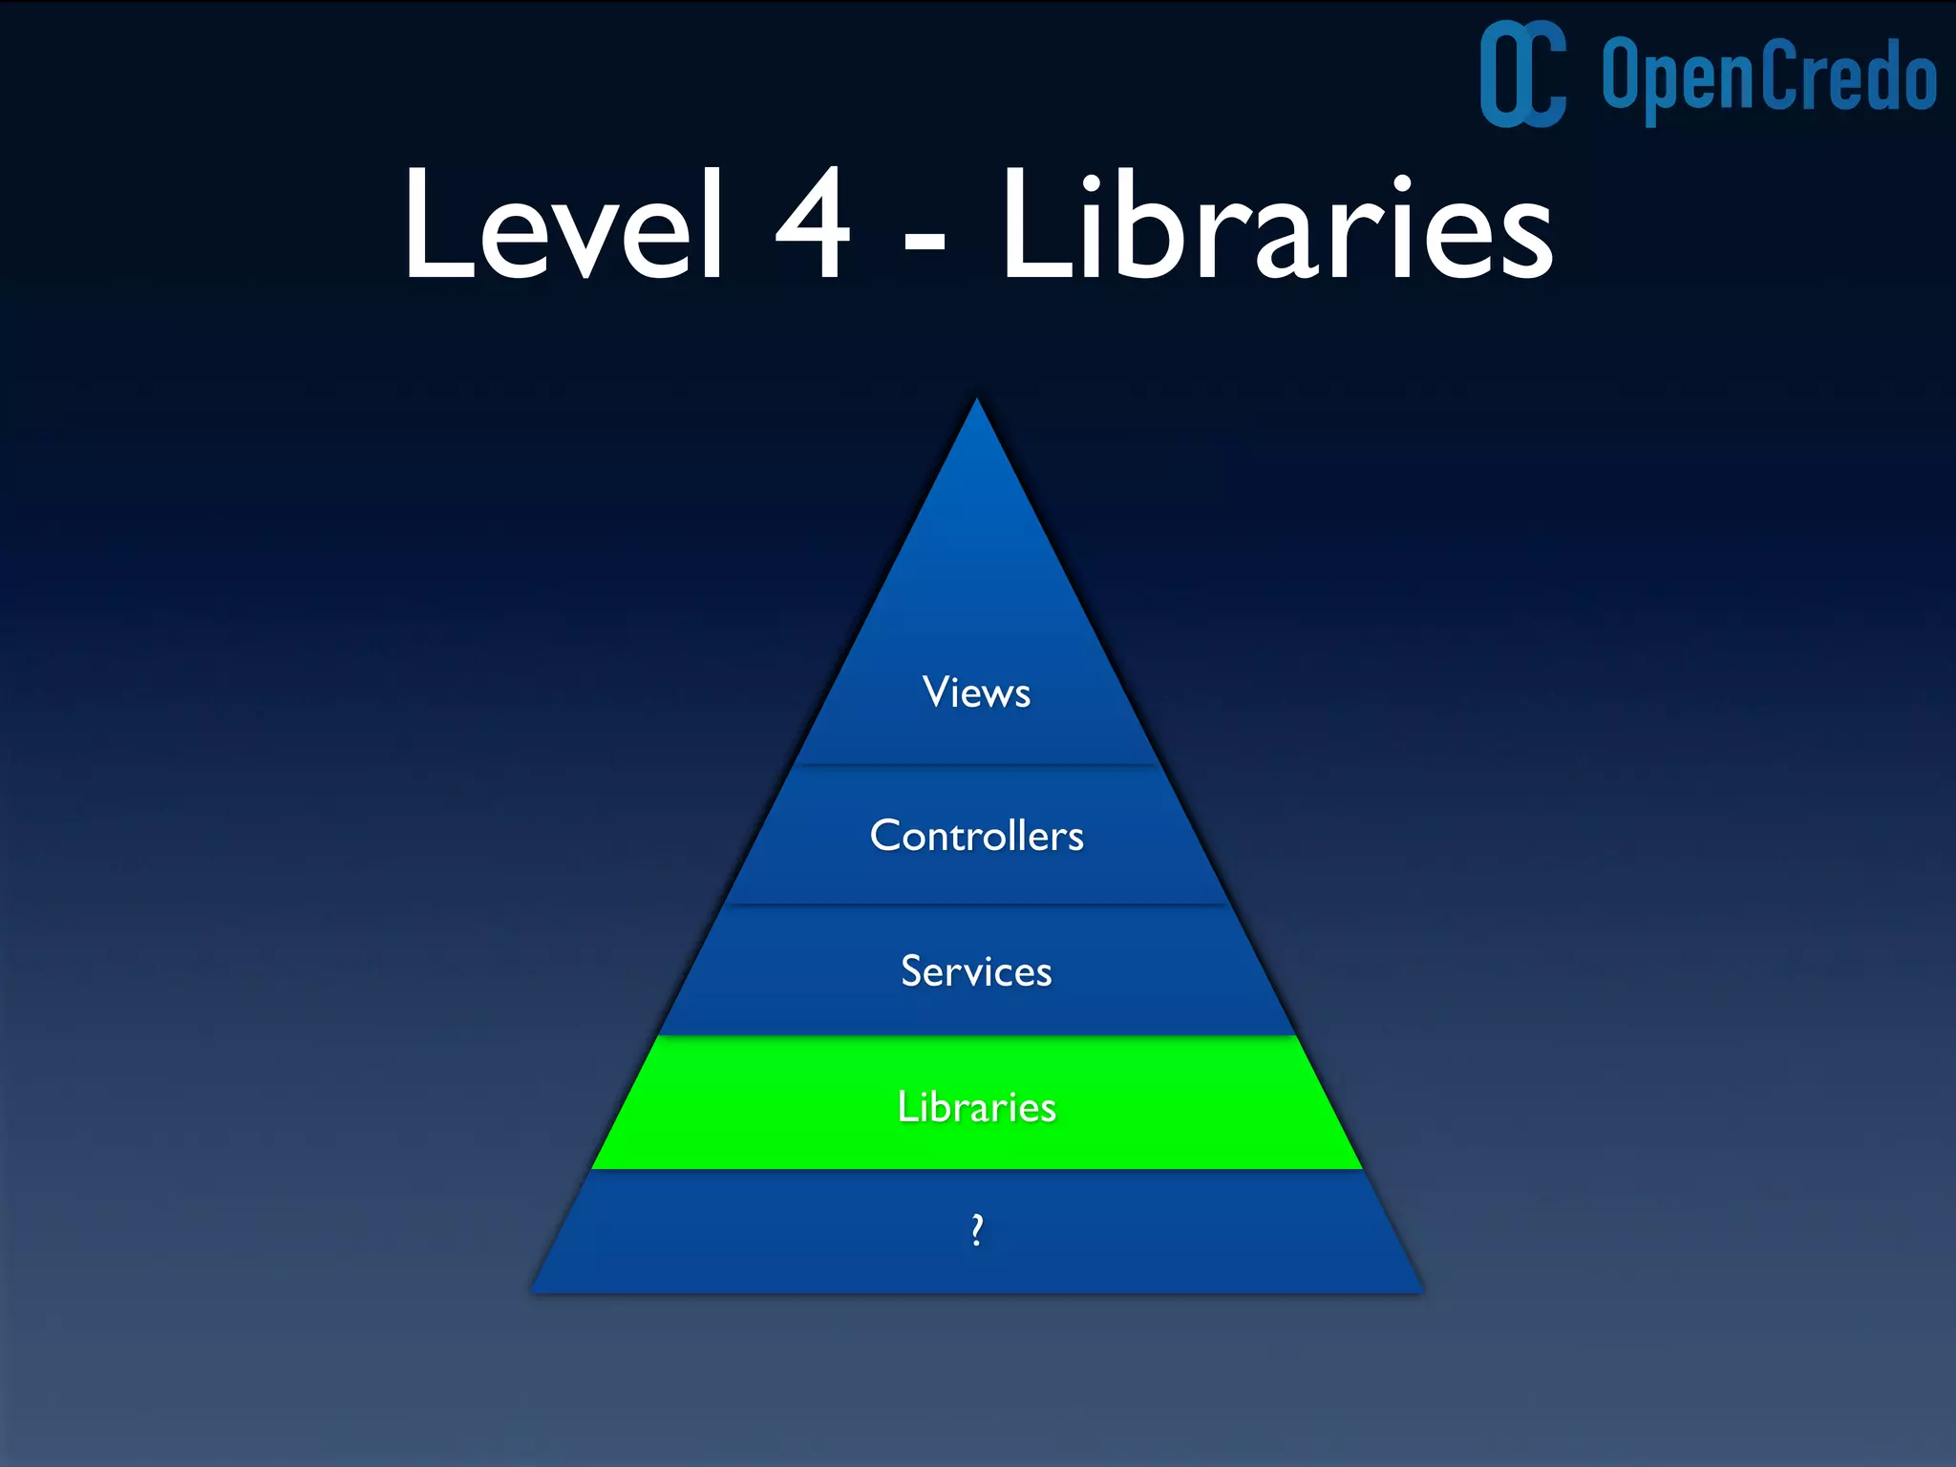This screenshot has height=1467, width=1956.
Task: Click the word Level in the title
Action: click(562, 225)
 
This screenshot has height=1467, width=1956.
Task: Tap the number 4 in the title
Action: click(813, 223)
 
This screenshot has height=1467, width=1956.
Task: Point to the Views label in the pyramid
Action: click(976, 692)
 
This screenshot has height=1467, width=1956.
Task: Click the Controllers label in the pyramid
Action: click(976, 836)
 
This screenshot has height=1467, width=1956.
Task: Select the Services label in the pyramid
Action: click(976, 971)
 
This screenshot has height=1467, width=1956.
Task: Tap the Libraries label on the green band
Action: click(976, 1107)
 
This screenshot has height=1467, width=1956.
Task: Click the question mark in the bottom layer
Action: click(976, 1230)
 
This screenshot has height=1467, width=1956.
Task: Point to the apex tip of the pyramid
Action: click(976, 401)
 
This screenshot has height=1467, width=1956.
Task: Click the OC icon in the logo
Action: click(1522, 74)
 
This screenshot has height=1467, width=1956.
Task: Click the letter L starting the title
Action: click(436, 225)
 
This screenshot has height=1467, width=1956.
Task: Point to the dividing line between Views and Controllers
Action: click(976, 765)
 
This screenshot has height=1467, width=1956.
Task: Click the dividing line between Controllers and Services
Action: click(976, 904)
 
